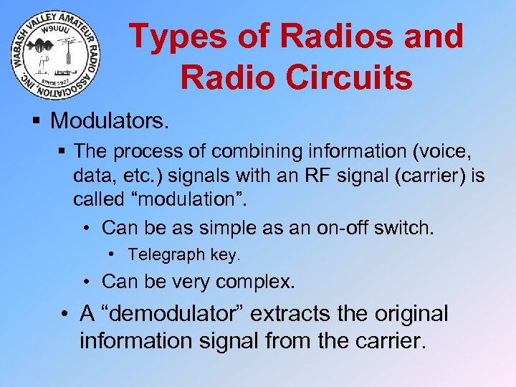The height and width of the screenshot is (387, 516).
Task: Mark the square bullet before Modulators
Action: point(36,120)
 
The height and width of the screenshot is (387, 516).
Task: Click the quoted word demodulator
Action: point(173,314)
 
